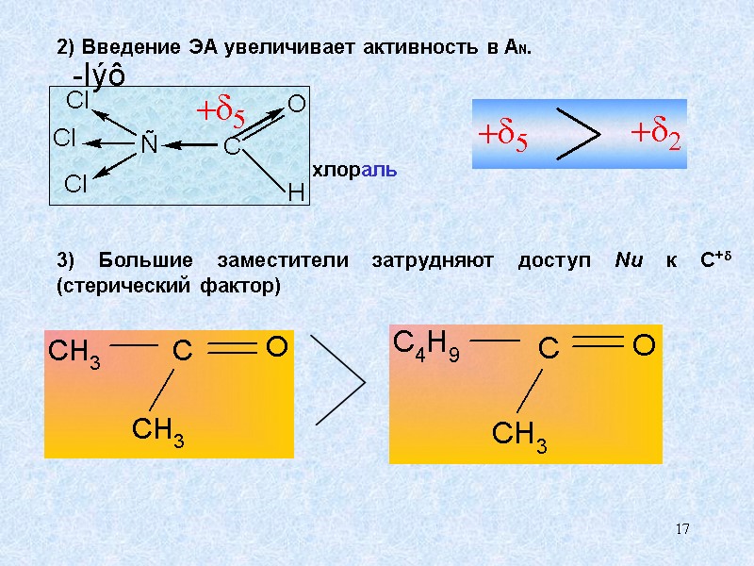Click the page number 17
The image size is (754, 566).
point(683,529)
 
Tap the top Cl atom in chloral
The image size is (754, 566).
point(76,100)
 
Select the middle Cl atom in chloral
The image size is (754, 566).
point(64,140)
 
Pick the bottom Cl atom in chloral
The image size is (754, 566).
point(75,184)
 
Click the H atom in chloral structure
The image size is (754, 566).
point(296,193)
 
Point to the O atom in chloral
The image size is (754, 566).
point(296,105)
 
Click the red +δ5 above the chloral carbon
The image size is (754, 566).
point(220,111)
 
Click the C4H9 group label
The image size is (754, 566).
point(425,348)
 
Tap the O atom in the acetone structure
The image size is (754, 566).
point(276,349)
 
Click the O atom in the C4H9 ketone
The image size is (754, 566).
point(643,347)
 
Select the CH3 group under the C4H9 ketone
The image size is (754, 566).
point(519,437)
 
